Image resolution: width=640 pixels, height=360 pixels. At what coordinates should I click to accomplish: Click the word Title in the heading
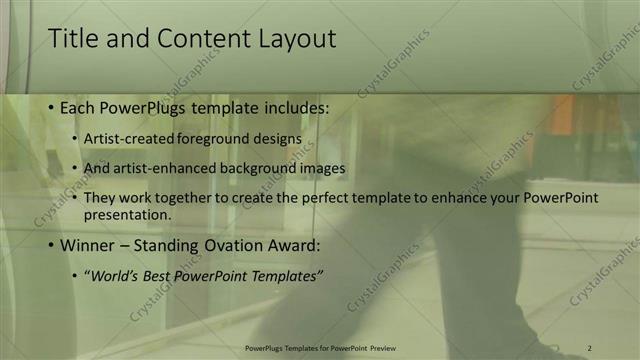(x=73, y=39)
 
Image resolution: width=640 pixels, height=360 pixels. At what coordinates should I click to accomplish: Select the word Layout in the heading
(x=293, y=39)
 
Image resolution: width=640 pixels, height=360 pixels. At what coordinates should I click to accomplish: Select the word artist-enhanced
(x=156, y=169)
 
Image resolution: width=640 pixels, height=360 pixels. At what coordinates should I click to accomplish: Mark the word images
(x=322, y=169)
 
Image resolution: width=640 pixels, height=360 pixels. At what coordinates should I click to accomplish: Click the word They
(x=100, y=198)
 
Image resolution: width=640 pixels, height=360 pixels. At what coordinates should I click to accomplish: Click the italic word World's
(x=114, y=276)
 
